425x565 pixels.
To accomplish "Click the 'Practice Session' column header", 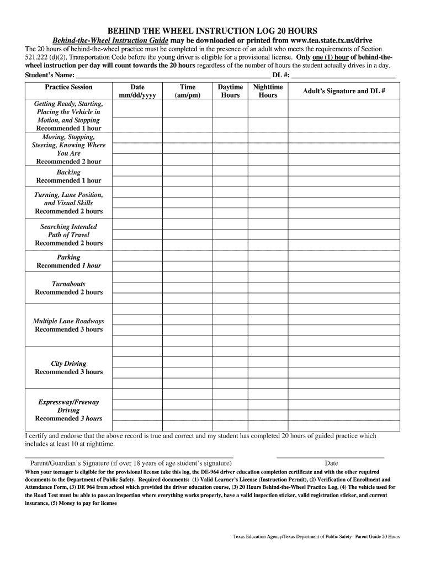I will click(x=68, y=87).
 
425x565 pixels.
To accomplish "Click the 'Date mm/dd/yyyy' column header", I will click(x=137, y=91).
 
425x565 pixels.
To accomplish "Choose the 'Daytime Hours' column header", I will click(x=230, y=91).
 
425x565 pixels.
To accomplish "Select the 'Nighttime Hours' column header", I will click(x=268, y=91).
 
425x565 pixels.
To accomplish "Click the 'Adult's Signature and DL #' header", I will click(x=343, y=91).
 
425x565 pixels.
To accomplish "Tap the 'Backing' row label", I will click(x=68, y=173).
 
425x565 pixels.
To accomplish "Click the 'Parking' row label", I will click(x=68, y=257).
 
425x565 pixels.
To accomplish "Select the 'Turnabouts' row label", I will click(x=68, y=284).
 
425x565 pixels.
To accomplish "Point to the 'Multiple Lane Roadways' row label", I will click(x=68, y=321).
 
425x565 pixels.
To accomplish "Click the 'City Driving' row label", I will click(x=68, y=364).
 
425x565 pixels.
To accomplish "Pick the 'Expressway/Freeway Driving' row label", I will click(x=68, y=407).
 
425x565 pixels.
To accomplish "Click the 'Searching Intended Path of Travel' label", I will click(x=68, y=231).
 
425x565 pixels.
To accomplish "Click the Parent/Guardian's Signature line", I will click(x=129, y=457).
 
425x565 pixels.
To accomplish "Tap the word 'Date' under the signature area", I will click(x=331, y=463).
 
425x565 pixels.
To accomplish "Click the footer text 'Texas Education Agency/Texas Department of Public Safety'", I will click(x=293, y=536).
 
